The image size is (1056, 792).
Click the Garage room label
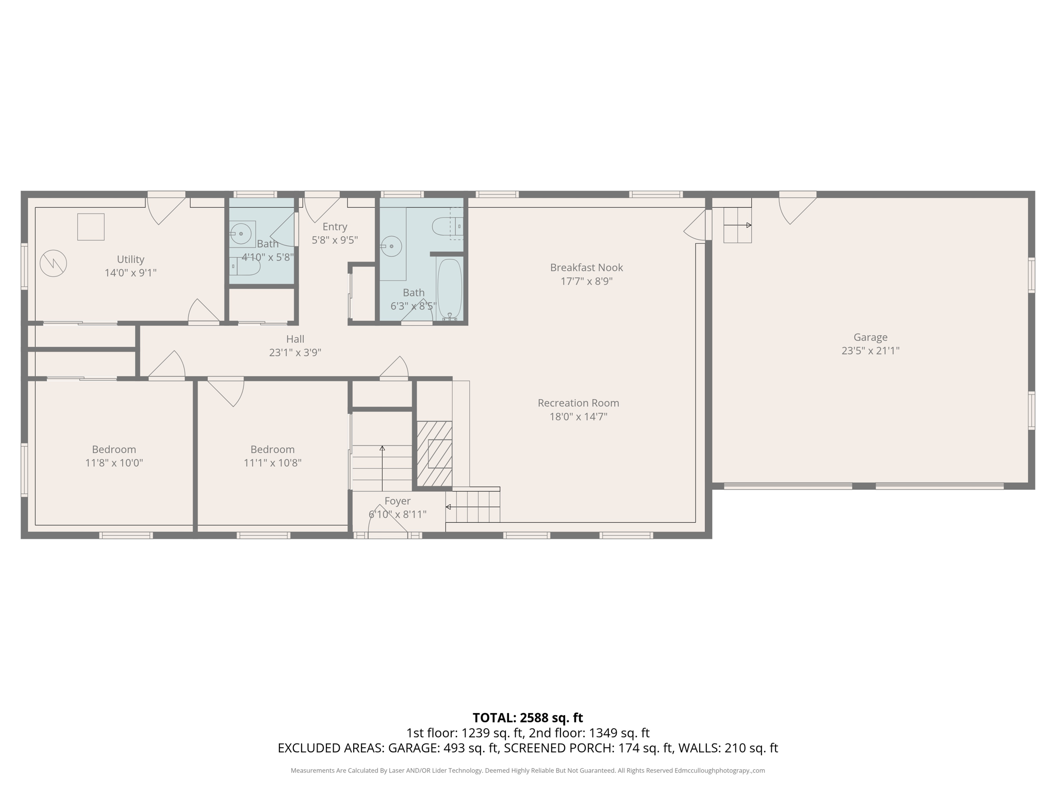870,337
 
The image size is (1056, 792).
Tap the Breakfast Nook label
586,268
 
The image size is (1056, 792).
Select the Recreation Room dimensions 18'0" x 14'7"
578,417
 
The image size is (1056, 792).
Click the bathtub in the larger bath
450,289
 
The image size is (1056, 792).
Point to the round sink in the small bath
241,234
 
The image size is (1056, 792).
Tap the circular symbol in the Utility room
53,263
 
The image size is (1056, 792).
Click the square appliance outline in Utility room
91,227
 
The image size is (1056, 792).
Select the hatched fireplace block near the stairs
434,454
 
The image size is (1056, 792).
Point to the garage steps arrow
738,225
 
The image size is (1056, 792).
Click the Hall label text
295,339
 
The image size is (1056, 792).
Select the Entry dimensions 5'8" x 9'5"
335,240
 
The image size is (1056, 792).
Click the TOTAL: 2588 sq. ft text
527,718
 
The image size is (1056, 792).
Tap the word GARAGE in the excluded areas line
412,748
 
